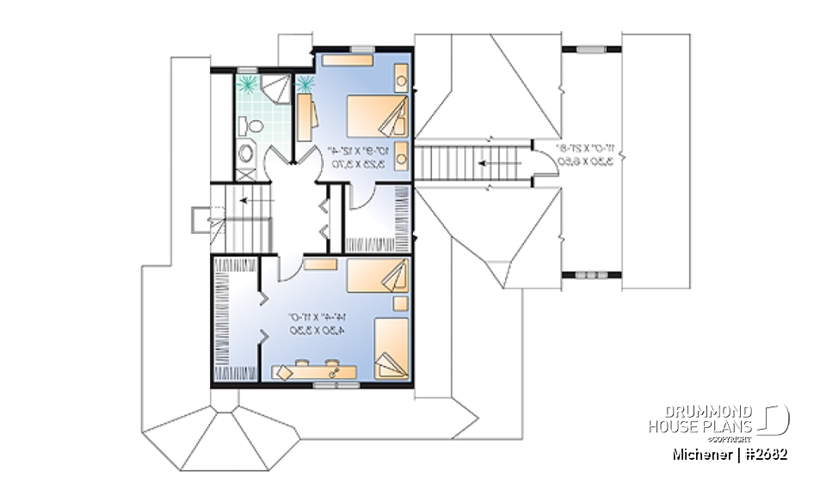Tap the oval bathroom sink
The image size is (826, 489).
pos(246,154)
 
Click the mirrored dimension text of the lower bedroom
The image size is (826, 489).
pos(315,324)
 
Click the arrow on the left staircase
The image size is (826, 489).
pos(252,200)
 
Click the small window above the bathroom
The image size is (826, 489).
pos(249,70)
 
